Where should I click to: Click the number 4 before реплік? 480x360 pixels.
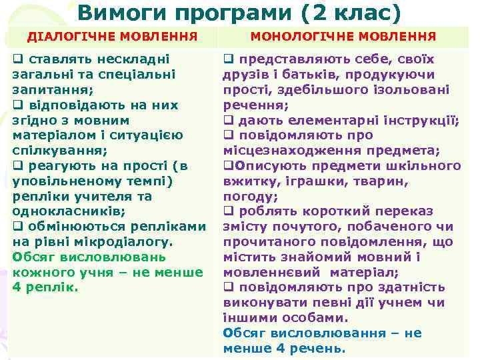click(17, 287)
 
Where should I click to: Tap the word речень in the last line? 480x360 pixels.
click(320, 348)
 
